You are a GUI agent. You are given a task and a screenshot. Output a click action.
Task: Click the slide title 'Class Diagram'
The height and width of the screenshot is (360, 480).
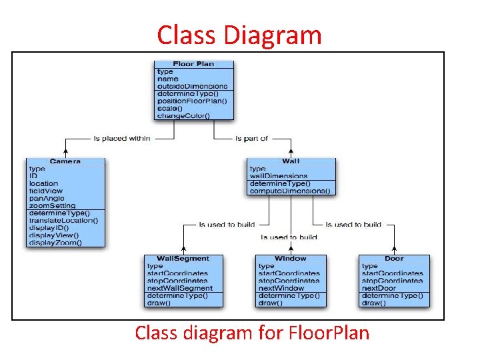point(239,35)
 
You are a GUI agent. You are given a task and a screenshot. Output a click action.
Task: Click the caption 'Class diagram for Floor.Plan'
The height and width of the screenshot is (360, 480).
point(252,332)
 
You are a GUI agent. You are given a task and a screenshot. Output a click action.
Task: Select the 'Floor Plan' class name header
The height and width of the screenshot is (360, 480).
point(193,64)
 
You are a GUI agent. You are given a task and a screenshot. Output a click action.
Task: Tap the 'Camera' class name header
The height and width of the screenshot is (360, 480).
point(65,161)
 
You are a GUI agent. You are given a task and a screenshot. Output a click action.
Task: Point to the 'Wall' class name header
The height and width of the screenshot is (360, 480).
point(291,161)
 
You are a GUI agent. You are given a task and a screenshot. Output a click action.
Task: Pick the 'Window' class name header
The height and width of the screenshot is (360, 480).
point(291,259)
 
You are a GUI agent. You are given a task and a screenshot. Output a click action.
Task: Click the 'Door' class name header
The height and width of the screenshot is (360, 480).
point(394,259)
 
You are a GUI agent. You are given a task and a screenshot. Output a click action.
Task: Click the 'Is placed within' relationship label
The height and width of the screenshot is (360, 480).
point(122,139)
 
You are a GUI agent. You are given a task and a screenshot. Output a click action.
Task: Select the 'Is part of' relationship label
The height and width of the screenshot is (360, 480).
point(251,139)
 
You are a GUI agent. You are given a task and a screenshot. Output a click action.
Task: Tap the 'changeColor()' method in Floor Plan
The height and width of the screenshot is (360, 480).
point(183,115)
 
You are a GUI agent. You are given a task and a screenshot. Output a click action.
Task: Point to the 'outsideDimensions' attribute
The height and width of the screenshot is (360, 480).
point(192,86)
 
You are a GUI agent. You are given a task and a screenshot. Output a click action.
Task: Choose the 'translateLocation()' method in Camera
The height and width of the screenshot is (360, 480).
point(63,220)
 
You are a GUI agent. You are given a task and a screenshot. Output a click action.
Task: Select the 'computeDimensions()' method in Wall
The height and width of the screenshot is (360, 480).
point(289,191)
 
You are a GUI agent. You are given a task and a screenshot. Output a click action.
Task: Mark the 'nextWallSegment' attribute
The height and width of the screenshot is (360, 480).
point(180,288)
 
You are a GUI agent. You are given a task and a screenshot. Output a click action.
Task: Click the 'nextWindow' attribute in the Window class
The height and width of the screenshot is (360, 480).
point(281,288)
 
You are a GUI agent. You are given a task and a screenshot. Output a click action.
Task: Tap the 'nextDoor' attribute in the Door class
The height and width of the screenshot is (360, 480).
point(379,288)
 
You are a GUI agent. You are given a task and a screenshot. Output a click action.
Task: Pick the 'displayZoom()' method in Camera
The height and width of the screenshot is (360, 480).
point(55,242)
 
